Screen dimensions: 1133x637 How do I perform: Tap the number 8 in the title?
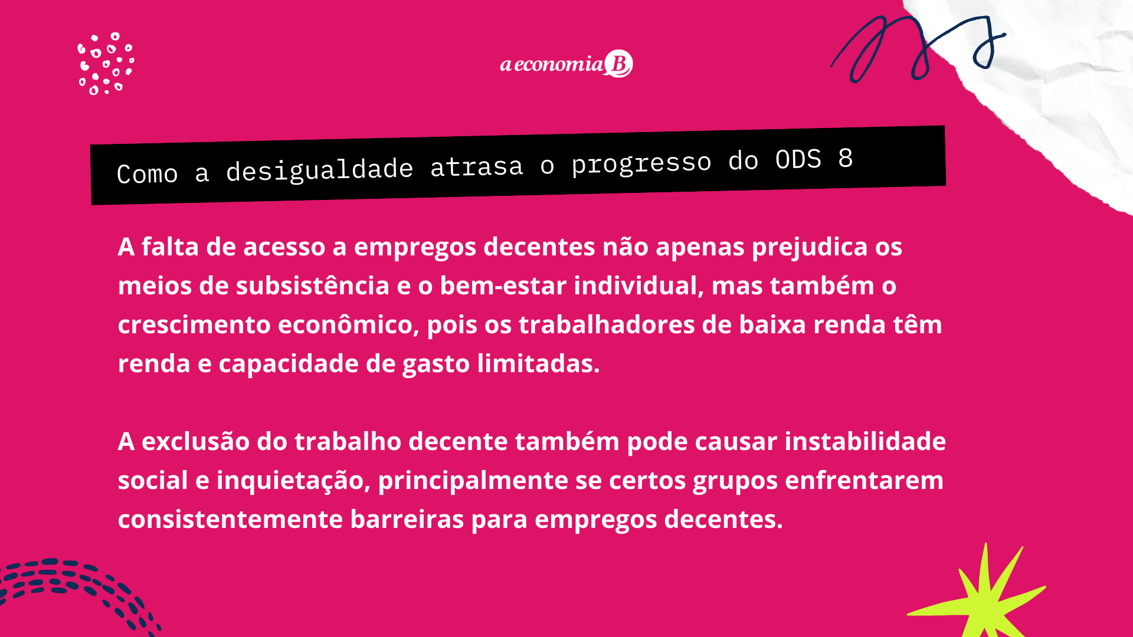coord(846,158)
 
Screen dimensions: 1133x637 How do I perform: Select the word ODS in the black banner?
coord(798,159)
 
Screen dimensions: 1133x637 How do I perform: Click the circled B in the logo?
coord(619,64)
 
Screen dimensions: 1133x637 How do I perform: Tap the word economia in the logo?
coord(558,64)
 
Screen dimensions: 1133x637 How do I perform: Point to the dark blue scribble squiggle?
coord(919,47)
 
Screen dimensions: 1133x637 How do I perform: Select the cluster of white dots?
coord(106,64)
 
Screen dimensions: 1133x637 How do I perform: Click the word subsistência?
coord(313,286)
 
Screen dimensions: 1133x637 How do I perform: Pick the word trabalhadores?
coord(607,325)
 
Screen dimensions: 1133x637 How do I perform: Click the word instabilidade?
coord(865,442)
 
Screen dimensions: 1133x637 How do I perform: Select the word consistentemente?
coord(230,520)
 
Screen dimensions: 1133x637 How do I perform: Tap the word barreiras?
coord(407,520)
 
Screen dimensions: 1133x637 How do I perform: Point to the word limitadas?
coord(538,364)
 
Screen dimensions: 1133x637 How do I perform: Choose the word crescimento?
coord(194,325)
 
